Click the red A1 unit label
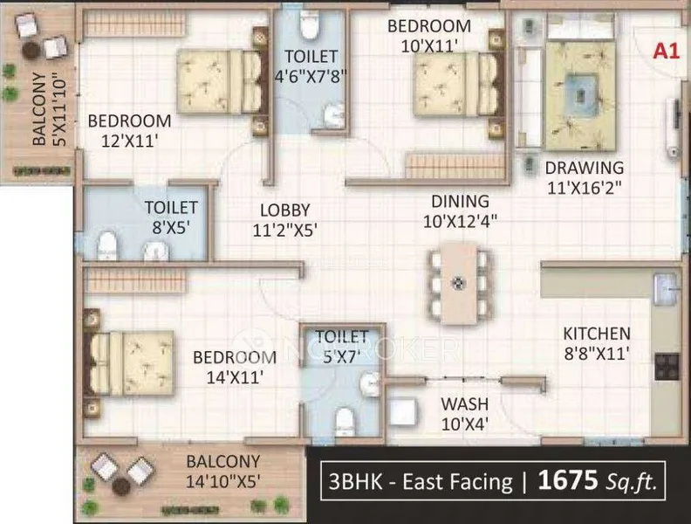(667, 52)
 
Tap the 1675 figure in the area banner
(568, 480)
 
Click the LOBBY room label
(285, 210)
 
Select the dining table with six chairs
(459, 283)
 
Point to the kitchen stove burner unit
(667, 367)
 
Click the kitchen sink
(666, 289)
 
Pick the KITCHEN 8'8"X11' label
(597, 343)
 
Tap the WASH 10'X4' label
(464, 414)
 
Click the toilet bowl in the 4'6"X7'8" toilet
(309, 26)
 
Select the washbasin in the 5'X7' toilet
(369, 383)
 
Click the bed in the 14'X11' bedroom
(128, 363)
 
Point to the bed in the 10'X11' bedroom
(458, 84)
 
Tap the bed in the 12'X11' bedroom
(222, 81)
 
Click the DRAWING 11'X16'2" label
(585, 178)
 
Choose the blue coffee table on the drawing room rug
(581, 94)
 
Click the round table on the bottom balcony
(121, 486)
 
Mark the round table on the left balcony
(31, 51)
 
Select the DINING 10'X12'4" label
(460, 211)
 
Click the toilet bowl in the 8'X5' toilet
(107, 245)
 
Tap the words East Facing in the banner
(457, 481)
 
